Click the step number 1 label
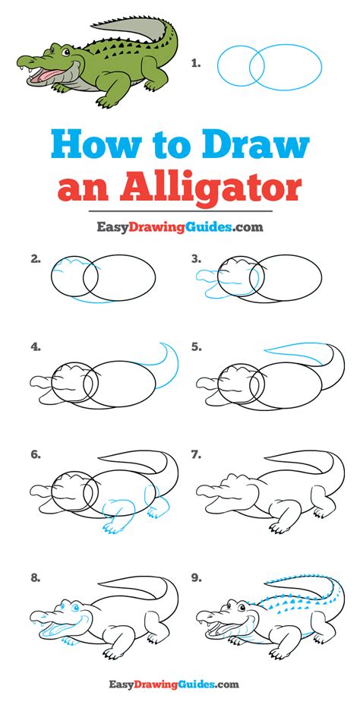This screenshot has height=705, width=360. (195, 64)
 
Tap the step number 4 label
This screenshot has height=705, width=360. (36, 346)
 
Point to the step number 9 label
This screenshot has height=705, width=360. (196, 578)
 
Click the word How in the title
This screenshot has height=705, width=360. (92, 145)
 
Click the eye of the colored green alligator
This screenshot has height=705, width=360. (65, 51)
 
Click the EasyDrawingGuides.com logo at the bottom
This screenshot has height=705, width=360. (173, 685)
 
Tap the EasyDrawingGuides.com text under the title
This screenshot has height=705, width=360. (180, 227)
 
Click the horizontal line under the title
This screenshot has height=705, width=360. (180, 211)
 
